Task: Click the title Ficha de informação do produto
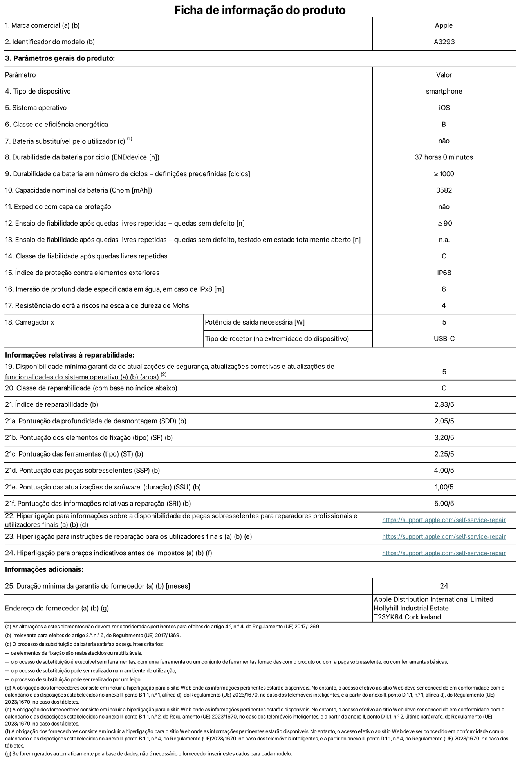[x=260, y=10]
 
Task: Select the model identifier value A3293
[x=444, y=42]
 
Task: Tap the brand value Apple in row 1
[x=444, y=25]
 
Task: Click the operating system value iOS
[x=444, y=108]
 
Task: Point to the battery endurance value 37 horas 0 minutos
[x=444, y=157]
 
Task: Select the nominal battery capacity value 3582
[x=444, y=190]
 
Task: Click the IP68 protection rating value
[x=444, y=273]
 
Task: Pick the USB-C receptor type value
[x=444, y=339]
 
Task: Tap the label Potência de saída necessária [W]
[x=255, y=322]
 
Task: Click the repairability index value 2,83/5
[x=444, y=404]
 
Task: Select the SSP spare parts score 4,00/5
[x=444, y=470]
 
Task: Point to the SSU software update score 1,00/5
[x=444, y=487]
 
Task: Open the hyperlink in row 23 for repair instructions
[x=444, y=536]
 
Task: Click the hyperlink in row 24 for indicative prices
[x=444, y=553]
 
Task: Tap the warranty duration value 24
[x=444, y=586]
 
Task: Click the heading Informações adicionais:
[x=44, y=569]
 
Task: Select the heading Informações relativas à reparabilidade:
[x=70, y=355]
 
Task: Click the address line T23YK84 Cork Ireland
[x=407, y=617]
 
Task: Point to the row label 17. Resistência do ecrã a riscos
[x=97, y=305]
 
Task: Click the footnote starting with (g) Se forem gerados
[x=148, y=753]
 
